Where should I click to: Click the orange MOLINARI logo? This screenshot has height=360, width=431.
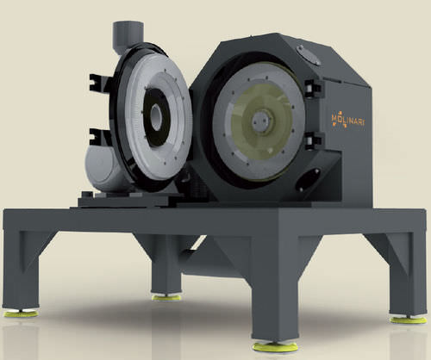coord(348,121)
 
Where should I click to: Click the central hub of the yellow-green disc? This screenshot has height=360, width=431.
coord(261,121)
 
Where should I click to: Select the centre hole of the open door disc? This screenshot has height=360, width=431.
coord(156,117)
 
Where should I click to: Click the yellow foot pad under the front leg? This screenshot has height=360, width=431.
coord(275,347)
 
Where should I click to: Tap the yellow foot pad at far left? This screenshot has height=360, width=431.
coord(21,313)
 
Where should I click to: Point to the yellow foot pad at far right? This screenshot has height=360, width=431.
coord(409,320)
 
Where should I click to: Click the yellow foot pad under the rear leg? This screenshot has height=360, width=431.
coord(166,297)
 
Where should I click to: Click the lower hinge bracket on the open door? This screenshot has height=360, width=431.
coord(97,137)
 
